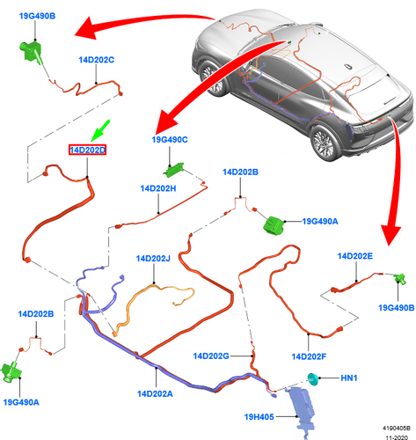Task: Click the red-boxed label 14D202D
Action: click(x=87, y=150)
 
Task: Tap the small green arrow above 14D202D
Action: click(x=100, y=131)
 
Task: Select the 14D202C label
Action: click(x=96, y=60)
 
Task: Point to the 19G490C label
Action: click(x=170, y=140)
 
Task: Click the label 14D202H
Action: click(x=158, y=188)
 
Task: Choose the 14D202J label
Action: click(x=153, y=259)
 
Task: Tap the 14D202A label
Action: click(x=155, y=393)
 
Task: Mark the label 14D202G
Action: click(x=211, y=356)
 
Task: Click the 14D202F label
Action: click(x=309, y=356)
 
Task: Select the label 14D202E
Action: click(x=355, y=256)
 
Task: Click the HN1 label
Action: click(x=349, y=378)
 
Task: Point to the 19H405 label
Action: click(x=259, y=417)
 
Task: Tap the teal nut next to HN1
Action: click(x=313, y=379)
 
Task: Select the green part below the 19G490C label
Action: click(x=173, y=170)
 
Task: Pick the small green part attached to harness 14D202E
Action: click(x=400, y=278)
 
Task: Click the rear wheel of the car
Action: click(x=325, y=141)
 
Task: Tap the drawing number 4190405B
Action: click(x=396, y=429)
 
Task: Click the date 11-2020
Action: click(x=397, y=437)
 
